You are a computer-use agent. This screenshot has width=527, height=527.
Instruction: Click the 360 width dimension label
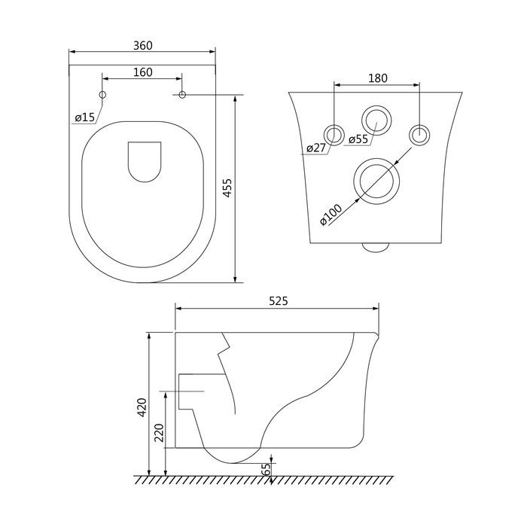pyautogui.click(x=142, y=45)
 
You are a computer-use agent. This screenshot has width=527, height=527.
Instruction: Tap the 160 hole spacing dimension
pyautogui.click(x=142, y=72)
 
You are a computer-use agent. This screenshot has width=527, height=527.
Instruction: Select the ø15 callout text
pyautogui.click(x=85, y=117)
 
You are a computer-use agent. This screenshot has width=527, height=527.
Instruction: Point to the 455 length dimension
pyautogui.click(x=227, y=188)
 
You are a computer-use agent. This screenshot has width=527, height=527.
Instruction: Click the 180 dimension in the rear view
pyautogui.click(x=378, y=78)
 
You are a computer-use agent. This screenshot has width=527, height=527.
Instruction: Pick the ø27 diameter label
pyautogui.click(x=316, y=148)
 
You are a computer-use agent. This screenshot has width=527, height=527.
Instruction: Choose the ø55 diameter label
pyautogui.click(x=358, y=139)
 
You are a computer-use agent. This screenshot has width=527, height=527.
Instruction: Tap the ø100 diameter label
pyautogui.click(x=331, y=215)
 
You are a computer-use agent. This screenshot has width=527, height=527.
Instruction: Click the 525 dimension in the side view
pyautogui.click(x=279, y=301)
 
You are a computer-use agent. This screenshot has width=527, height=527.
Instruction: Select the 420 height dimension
pyautogui.click(x=142, y=407)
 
